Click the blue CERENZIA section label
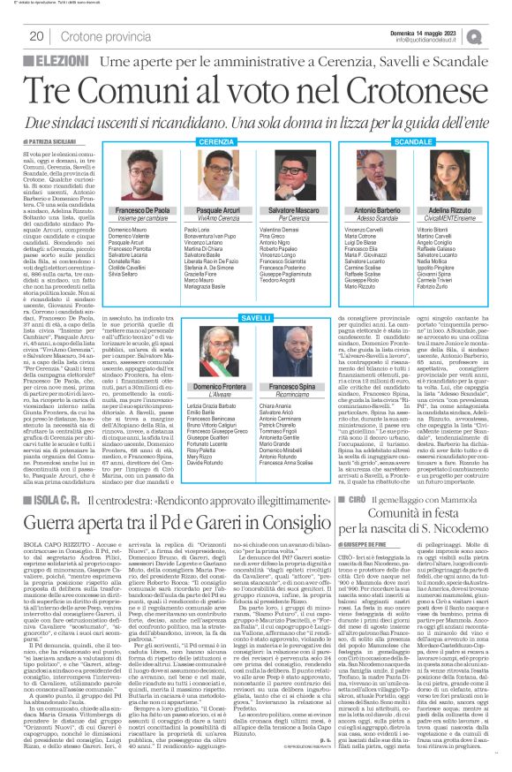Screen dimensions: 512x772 click(197, 141)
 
